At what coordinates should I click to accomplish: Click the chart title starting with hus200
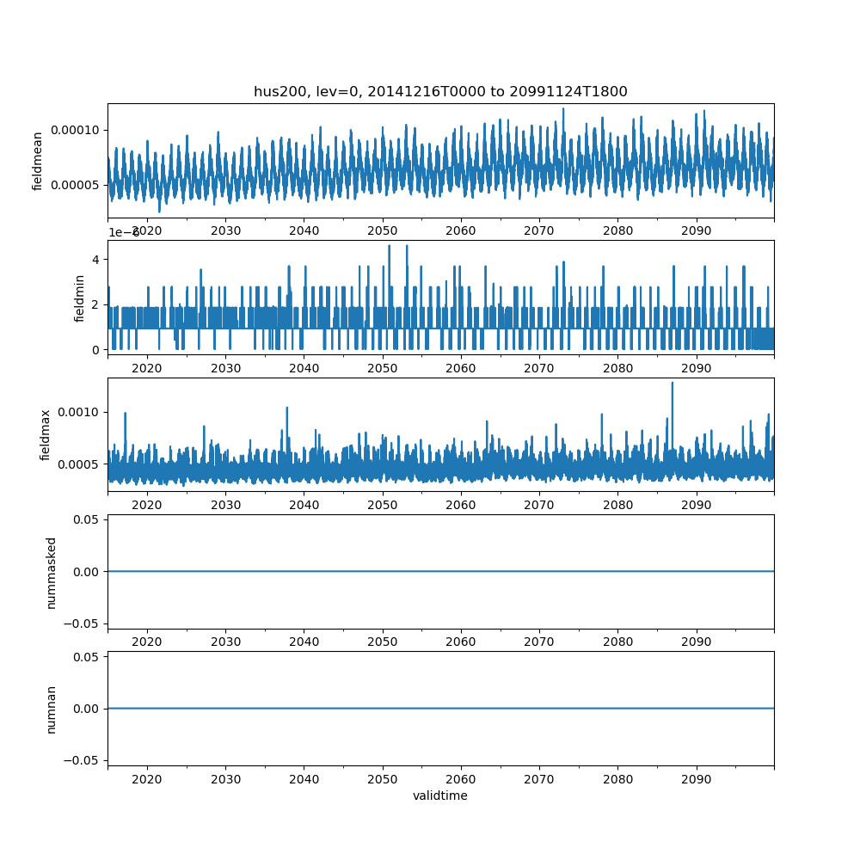(x=440, y=91)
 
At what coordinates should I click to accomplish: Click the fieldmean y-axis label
(x=38, y=160)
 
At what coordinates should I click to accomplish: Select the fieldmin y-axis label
(x=80, y=298)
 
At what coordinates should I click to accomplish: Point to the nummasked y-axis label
(x=51, y=572)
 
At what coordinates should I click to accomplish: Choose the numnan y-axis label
(x=51, y=709)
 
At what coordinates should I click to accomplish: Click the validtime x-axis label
(x=440, y=795)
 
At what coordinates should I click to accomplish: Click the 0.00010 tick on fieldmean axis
(x=76, y=130)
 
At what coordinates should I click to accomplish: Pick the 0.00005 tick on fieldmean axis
(x=76, y=185)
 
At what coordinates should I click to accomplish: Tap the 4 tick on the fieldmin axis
(x=96, y=260)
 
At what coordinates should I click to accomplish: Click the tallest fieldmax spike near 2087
(x=673, y=384)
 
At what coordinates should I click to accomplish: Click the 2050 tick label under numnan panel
(x=383, y=779)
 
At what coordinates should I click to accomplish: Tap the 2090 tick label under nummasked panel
(x=696, y=642)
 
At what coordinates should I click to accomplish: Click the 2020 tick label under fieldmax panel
(x=147, y=505)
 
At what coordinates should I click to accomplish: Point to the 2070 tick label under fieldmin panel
(x=539, y=368)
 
